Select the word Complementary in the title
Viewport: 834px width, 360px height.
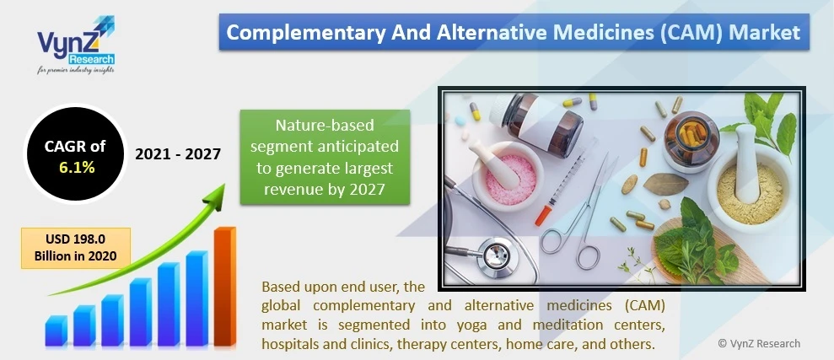coord(288,33)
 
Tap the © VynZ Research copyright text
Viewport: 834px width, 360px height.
coord(758,343)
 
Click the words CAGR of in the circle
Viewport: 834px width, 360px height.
coord(75,147)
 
